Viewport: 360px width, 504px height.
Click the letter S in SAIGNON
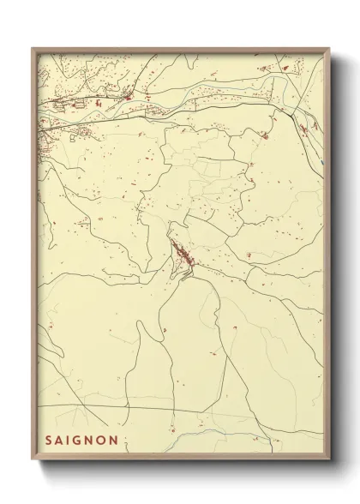(49, 440)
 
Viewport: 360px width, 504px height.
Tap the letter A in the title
(60, 440)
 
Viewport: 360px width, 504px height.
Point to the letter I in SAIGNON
(69, 440)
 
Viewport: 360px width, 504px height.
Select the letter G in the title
(79, 440)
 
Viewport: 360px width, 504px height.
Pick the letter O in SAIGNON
(104, 440)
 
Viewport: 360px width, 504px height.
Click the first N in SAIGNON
(91, 440)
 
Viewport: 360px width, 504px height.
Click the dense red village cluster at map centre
(183, 255)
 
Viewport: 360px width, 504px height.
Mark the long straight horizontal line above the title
(171, 405)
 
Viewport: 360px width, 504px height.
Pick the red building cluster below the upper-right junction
(266, 135)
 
